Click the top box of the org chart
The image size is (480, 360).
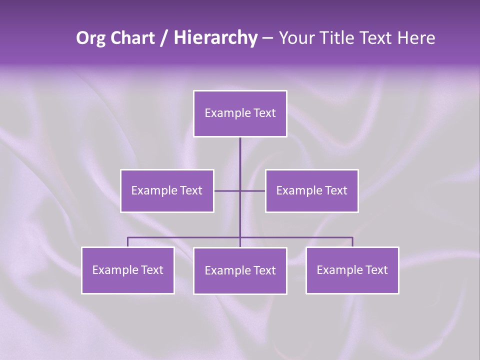click(240, 113)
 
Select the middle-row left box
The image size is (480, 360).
click(167, 190)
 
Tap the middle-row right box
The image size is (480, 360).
click(311, 190)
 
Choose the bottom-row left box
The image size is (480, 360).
click(127, 270)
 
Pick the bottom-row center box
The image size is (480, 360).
click(240, 270)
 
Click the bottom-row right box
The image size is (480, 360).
click(352, 270)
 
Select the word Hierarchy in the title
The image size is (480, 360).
click(215, 38)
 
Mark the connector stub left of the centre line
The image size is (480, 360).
click(227, 190)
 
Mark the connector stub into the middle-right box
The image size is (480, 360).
click(253, 190)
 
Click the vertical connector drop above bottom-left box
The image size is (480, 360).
click(127, 242)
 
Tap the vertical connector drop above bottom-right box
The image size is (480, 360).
click(352, 242)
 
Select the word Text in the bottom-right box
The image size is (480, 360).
click(376, 270)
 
